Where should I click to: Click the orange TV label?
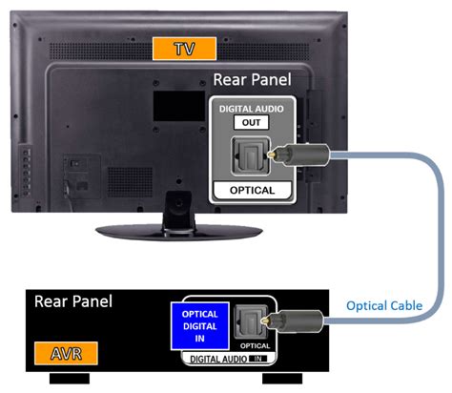coord(184,49)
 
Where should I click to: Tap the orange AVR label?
coord(66,353)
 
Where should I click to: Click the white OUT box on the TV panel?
coord(251,122)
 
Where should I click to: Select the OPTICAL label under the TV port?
coord(252,190)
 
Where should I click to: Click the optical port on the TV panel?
coord(251,155)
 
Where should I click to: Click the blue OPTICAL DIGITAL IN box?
coord(200,326)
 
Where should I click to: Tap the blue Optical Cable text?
coord(384,305)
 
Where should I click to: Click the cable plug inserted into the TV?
coord(299,155)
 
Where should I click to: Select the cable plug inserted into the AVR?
coord(292,321)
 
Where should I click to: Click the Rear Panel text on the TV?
coord(252,79)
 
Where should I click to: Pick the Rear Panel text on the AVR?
coord(73,301)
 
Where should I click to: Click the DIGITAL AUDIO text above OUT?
coord(251,109)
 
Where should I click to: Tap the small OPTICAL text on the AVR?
coord(255,346)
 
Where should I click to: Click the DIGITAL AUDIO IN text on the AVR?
coord(229,360)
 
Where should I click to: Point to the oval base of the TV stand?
coord(179,232)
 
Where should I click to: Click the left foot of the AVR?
coord(70,379)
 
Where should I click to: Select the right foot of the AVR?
coord(282,379)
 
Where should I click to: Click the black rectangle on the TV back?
coord(179,106)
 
